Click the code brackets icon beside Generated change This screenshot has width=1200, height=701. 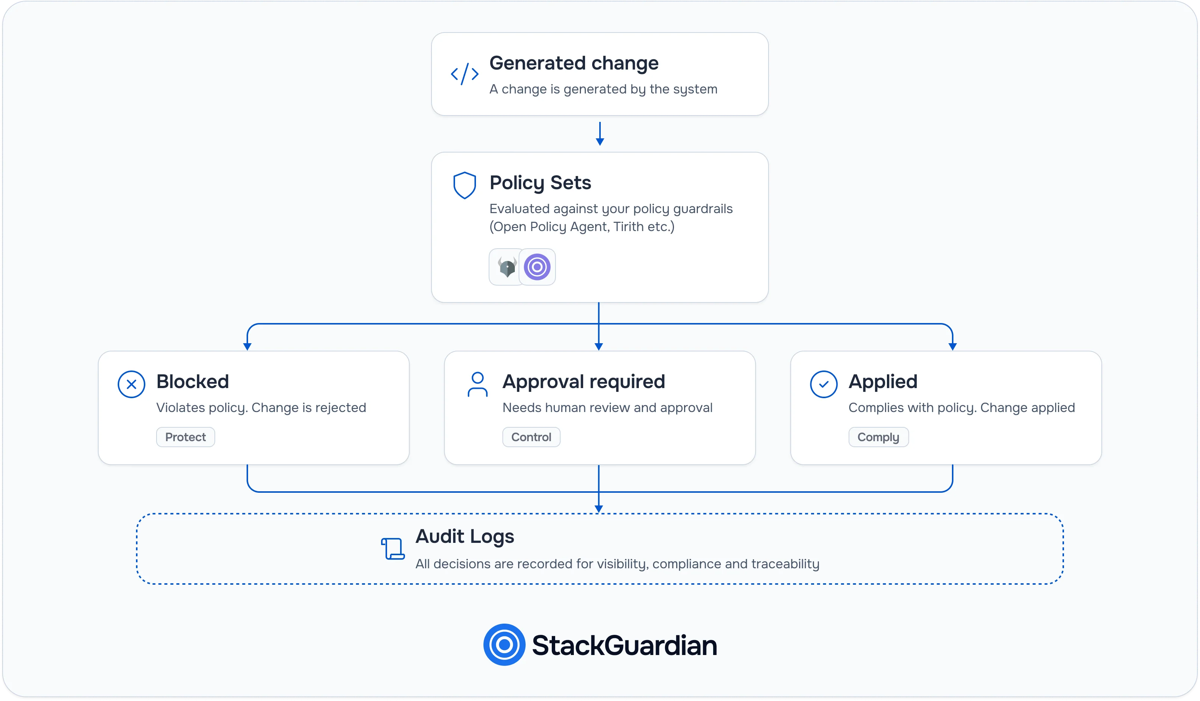tap(464, 74)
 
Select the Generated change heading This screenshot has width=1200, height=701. tap(574, 63)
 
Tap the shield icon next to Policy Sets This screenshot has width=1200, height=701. tap(464, 185)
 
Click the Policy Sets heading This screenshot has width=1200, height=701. tap(540, 183)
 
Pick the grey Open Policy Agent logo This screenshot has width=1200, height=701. tap(507, 267)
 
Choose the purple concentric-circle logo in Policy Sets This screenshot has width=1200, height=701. tap(537, 267)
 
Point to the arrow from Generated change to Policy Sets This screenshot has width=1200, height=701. tap(600, 133)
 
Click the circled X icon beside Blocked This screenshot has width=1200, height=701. tap(132, 384)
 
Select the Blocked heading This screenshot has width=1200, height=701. tap(192, 382)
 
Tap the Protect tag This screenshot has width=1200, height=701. tap(185, 437)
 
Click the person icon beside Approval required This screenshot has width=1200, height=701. tap(477, 384)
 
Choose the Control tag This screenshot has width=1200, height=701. tap(531, 437)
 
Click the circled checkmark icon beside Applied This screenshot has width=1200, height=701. tap(823, 384)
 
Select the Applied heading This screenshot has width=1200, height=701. tap(883, 382)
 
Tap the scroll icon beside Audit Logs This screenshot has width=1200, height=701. tap(393, 548)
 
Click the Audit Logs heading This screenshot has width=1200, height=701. tap(465, 536)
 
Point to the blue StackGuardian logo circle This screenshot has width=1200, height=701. tap(504, 645)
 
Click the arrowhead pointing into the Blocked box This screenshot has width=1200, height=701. tap(247, 347)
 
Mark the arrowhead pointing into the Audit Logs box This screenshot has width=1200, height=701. tap(599, 509)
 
